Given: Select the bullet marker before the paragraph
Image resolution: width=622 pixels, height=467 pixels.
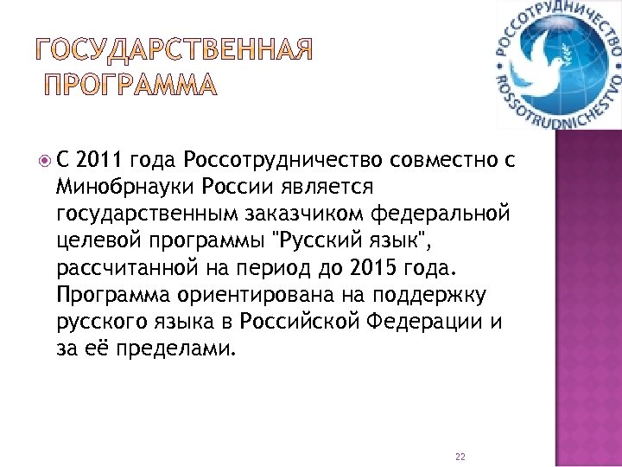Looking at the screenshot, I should click(x=45, y=159).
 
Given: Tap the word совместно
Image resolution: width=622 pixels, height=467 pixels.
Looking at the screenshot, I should click(x=438, y=160).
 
